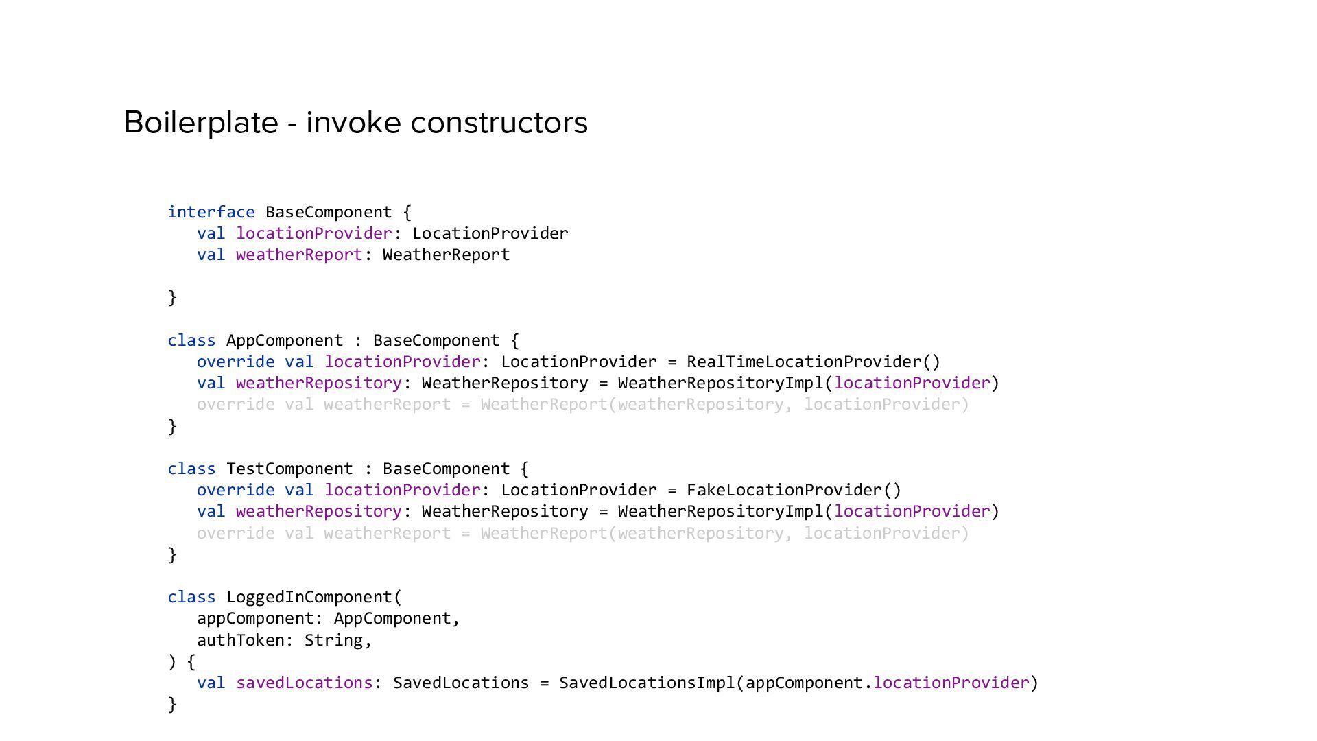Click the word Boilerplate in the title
200,123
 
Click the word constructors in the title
499,123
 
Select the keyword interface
211,212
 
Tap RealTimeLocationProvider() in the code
813,362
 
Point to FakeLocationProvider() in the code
794,490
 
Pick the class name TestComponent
289,469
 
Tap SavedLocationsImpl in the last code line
646,683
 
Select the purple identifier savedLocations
304,683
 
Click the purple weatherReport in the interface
299,255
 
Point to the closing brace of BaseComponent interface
172,297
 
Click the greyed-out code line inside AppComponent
582,404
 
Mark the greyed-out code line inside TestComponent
582,533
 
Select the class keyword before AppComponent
191,340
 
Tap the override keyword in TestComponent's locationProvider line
235,490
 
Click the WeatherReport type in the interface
446,255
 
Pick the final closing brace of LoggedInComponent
172,704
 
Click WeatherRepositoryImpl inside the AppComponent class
720,383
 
